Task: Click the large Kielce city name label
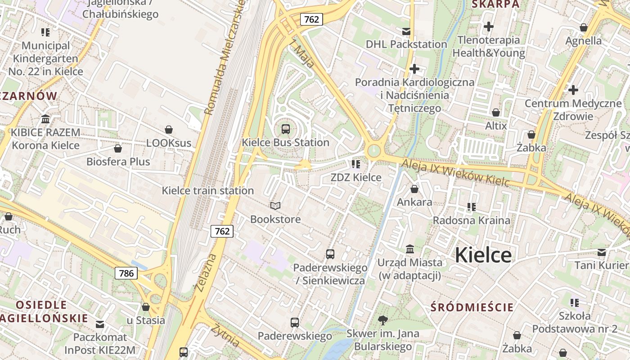tap(483, 255)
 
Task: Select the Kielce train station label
tap(208, 190)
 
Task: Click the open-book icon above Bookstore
tap(275, 206)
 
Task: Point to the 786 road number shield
tap(126, 273)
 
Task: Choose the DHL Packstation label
tap(406, 44)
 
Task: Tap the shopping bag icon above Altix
tap(496, 112)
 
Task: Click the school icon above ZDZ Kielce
tap(356, 164)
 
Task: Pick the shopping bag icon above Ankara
tap(414, 189)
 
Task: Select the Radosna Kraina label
tap(472, 220)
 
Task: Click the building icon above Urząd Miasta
tap(410, 249)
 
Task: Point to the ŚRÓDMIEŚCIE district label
tap(472, 307)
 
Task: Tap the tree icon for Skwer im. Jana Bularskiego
tap(383, 320)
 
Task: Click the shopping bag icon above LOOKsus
tap(169, 130)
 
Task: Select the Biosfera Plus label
tap(118, 162)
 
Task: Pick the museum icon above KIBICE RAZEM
tap(45, 119)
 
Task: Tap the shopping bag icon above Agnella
tap(584, 27)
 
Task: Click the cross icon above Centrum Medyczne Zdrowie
tap(573, 90)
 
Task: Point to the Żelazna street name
tap(207, 272)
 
